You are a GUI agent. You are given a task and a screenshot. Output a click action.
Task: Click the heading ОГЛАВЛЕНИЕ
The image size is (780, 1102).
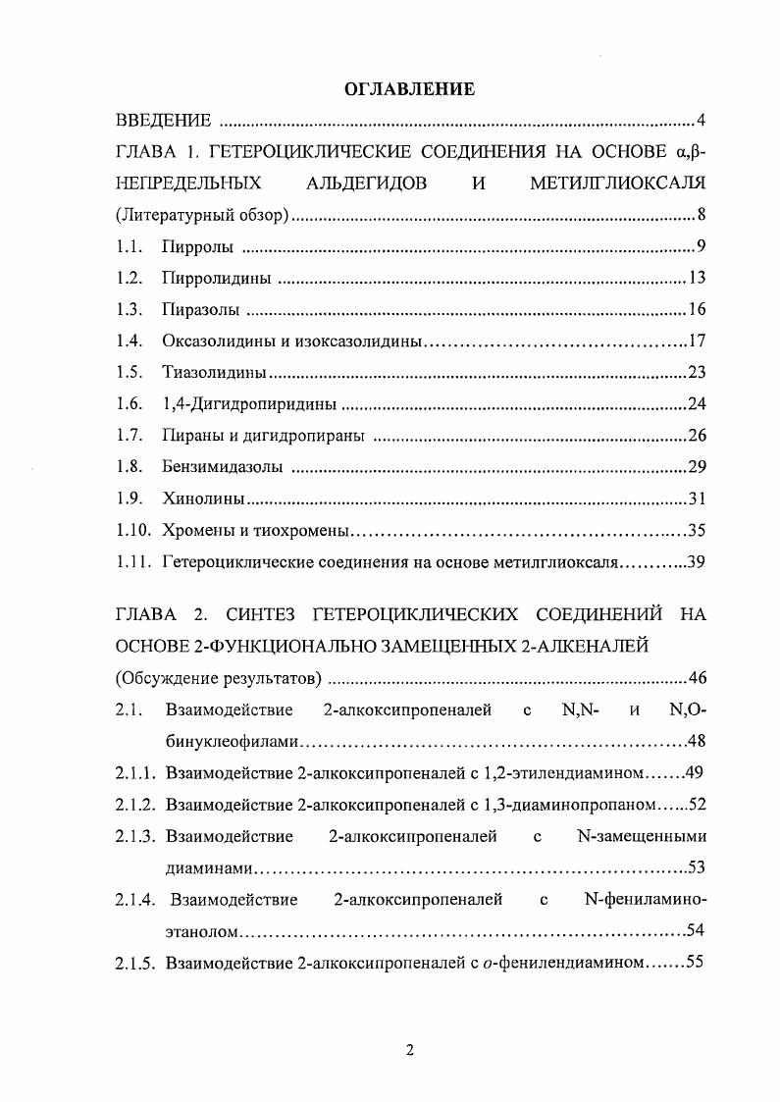tap(410, 89)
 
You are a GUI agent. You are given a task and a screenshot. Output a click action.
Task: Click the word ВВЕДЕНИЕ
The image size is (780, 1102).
tap(163, 122)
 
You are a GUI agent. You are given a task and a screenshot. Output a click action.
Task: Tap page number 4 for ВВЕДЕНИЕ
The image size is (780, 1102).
tap(702, 122)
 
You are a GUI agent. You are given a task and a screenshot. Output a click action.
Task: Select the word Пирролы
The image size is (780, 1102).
tap(198, 247)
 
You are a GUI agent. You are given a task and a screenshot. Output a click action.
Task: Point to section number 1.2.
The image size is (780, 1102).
tap(130, 279)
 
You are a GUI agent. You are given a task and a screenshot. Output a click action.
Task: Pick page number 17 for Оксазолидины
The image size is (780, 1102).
tap(698, 342)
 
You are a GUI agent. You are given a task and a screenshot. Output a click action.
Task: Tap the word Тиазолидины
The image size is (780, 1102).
tap(215, 374)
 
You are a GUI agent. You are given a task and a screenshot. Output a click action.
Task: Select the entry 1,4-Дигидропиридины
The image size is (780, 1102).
tap(249, 404)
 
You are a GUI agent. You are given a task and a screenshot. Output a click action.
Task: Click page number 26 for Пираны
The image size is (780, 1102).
tap(697, 436)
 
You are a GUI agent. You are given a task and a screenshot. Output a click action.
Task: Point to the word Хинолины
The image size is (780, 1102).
tap(202, 500)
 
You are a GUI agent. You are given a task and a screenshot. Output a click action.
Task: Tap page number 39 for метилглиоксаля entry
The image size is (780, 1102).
tap(697, 563)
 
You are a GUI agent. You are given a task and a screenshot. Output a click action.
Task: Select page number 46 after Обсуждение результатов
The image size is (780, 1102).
tap(697, 678)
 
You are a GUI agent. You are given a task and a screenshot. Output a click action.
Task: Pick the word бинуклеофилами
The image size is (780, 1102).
tap(232, 741)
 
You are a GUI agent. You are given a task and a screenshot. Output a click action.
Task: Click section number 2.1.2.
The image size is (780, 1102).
tap(136, 805)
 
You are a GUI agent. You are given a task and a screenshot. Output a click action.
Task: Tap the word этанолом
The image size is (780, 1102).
tap(200, 930)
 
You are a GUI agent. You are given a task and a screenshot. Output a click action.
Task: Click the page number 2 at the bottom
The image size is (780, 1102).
tap(410, 1051)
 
